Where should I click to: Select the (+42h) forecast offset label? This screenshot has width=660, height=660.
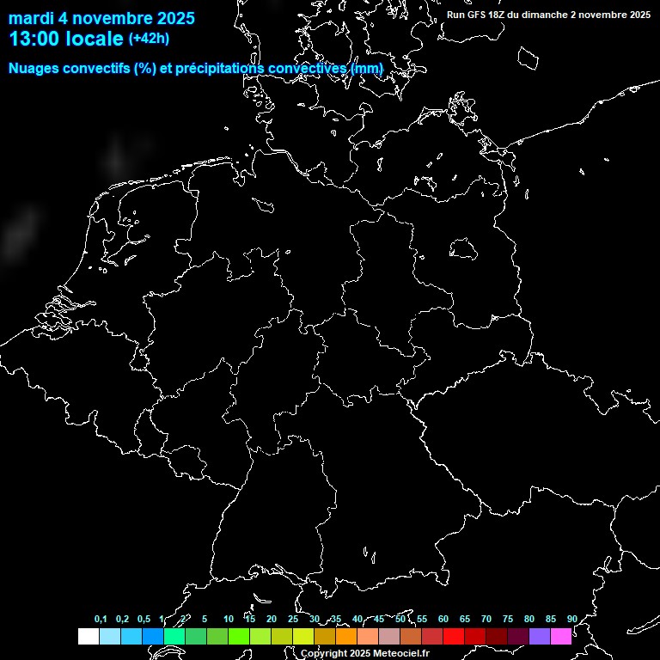(149, 38)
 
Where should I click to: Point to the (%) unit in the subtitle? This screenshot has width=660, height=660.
(144, 69)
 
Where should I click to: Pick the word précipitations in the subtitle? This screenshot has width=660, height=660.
(221, 69)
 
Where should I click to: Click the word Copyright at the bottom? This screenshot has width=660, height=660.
(324, 654)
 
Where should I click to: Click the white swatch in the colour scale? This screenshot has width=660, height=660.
(89, 637)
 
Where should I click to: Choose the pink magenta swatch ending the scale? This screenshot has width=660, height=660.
(561, 637)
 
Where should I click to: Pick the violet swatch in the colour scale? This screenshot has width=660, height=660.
(540, 637)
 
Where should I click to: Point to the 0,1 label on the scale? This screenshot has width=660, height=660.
(101, 620)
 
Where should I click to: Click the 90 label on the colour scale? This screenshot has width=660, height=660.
(571, 620)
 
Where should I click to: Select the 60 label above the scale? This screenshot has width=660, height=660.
(443, 620)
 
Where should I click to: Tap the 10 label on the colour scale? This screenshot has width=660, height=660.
(228, 620)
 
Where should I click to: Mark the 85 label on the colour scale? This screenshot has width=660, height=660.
(550, 620)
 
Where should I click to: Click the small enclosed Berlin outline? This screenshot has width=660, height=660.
(463, 248)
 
